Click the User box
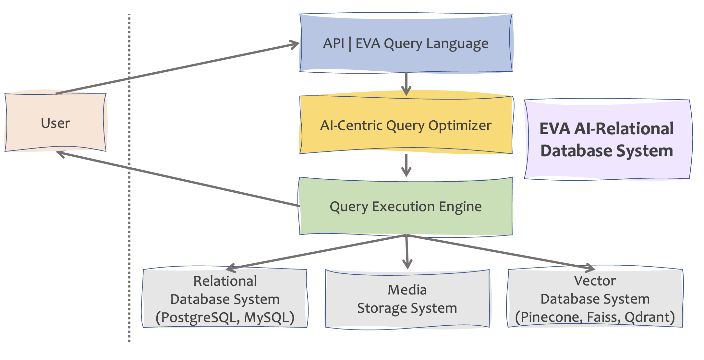55,123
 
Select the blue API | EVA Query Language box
406,43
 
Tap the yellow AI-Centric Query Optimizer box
406,125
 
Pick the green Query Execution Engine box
406,206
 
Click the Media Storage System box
407,299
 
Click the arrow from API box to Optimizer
406,84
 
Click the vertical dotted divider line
129,227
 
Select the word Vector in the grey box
595,281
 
